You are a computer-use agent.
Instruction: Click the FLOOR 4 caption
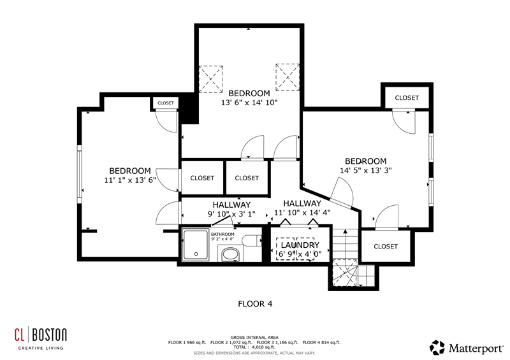pos(255,304)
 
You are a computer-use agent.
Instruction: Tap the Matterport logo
pos(467,348)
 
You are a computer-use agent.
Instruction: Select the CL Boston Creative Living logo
pos(41,338)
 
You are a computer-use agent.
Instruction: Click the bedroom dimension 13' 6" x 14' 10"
pos(249,103)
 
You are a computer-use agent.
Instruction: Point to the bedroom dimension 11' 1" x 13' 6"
pos(130,180)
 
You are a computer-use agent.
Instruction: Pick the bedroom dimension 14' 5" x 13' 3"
pos(365,170)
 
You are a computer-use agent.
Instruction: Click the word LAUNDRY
pos(300,245)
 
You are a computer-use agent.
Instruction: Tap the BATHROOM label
pos(222,234)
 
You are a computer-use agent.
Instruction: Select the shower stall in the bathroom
pos(196,245)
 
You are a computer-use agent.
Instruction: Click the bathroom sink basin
pos(230,255)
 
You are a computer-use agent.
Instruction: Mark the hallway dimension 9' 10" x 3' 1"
pos(231,214)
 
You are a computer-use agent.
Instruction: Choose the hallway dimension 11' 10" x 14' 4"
pos(302,213)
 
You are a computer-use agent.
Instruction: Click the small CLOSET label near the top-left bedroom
pos(166,103)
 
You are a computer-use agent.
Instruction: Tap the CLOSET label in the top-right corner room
pos(407,98)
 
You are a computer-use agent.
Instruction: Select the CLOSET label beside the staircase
pos(386,247)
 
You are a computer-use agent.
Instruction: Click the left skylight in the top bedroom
pos(211,80)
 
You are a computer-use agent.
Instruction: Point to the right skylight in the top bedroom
pos(288,77)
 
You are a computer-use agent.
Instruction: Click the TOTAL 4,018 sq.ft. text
pos(254,347)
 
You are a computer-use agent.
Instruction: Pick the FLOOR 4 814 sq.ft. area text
pos(321,342)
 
